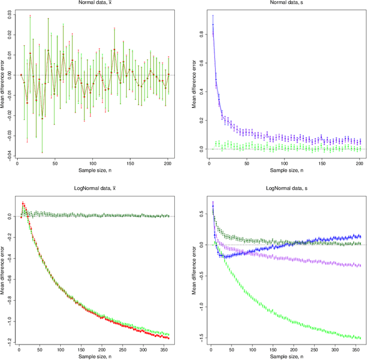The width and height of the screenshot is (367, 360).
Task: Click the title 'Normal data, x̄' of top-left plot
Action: tap(95, 3)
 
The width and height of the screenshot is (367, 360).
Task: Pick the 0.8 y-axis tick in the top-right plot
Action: tap(195, 34)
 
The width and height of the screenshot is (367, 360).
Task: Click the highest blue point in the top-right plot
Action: tap(213, 25)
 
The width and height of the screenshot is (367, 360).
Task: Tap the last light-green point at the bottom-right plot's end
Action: tap(359, 338)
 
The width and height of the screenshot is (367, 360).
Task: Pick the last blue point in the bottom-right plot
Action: tap(359, 236)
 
